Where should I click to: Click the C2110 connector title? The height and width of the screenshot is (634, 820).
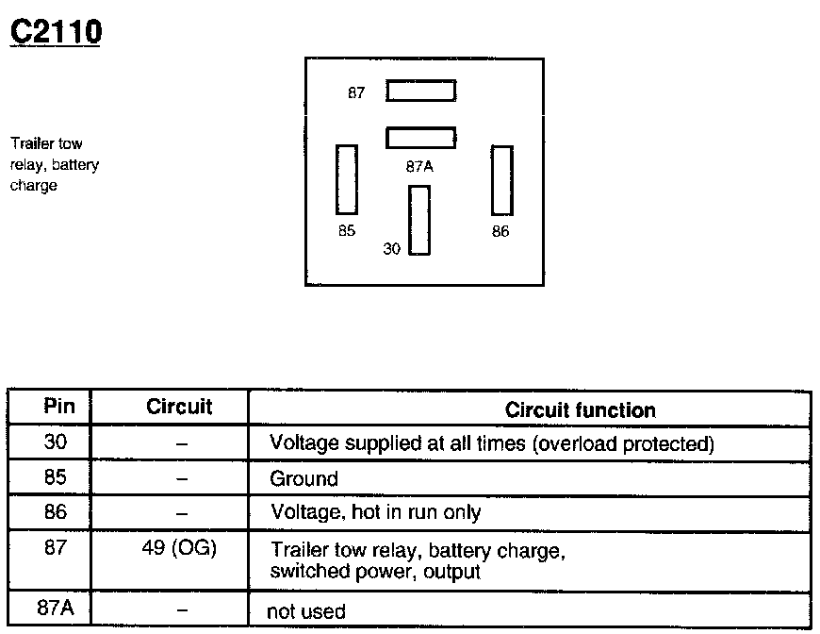[x=55, y=32]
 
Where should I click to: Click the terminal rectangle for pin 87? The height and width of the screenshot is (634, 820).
[x=420, y=91]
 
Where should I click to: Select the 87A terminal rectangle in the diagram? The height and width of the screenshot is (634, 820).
[x=420, y=138]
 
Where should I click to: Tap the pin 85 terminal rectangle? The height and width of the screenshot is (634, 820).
[x=347, y=179]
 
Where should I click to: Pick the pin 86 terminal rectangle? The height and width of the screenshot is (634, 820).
[x=501, y=180]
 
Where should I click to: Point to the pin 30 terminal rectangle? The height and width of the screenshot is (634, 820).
[x=419, y=220]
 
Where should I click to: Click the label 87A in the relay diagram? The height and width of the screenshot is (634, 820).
[x=419, y=167]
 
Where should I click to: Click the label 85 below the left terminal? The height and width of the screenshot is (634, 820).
[x=347, y=231]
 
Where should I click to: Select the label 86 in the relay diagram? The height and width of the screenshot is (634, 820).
[x=500, y=231]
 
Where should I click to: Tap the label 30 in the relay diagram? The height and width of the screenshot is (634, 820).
[x=392, y=249]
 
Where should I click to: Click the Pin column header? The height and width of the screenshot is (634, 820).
[x=53, y=408]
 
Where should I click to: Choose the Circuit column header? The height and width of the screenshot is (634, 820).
[x=179, y=408]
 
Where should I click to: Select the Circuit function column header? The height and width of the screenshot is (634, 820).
[x=580, y=410]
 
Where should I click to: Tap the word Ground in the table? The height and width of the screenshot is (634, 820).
[x=303, y=478]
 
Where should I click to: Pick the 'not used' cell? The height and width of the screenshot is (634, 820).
[x=306, y=611]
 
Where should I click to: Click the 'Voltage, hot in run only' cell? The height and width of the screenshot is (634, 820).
[x=375, y=512]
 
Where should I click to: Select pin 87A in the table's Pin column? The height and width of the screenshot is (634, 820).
[x=55, y=608]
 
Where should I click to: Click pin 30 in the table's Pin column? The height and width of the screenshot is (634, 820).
[x=55, y=442]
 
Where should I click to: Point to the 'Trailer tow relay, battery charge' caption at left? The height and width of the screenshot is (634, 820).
[x=54, y=165]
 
